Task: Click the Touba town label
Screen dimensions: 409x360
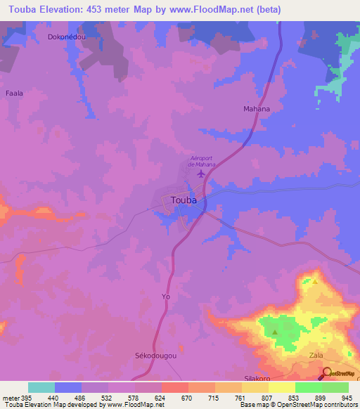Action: tap(184, 200)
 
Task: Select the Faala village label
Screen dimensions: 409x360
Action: tap(15, 93)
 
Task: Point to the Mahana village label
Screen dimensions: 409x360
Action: tap(257, 110)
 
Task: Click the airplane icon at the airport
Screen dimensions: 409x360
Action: tap(202, 173)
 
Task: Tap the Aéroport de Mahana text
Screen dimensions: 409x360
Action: tap(202, 161)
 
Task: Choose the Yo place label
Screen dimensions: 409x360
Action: tap(166, 297)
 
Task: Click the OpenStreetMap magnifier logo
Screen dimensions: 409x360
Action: tap(328, 372)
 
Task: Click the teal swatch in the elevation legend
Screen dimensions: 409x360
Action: tap(41, 387)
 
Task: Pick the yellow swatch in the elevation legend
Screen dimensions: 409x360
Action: tap(281, 387)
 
